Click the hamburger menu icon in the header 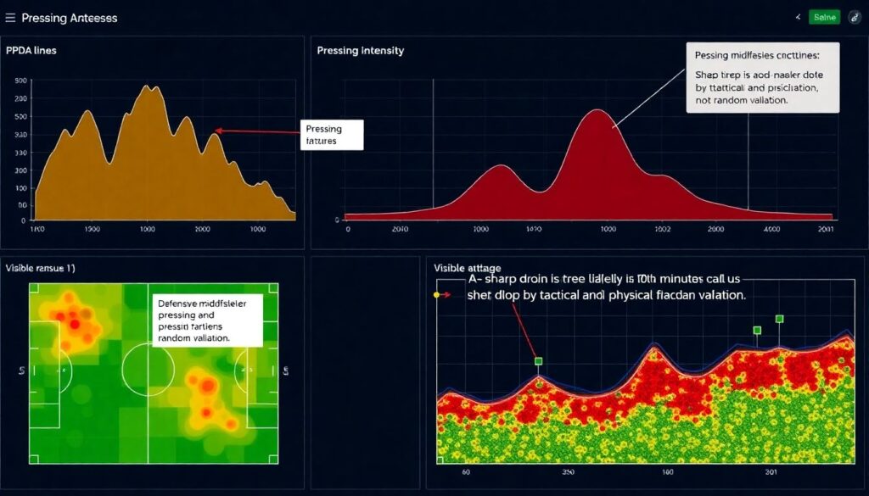coord(10,17)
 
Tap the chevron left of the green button coord(798,17)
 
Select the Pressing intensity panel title coord(360,51)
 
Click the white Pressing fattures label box coord(330,135)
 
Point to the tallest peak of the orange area coord(149,86)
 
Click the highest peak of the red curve coord(599,110)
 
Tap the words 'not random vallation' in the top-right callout coord(742,100)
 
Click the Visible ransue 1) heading coord(40,268)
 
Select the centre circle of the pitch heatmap coord(149,371)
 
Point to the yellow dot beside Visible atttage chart coord(437,295)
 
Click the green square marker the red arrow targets coord(538,361)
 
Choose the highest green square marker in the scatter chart coord(779,320)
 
